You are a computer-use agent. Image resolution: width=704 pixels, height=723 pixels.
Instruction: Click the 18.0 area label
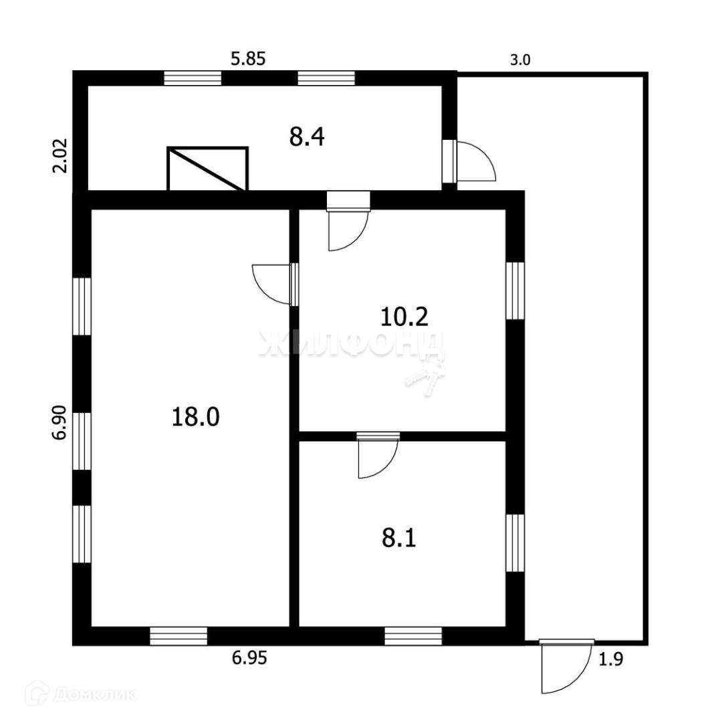[195, 417]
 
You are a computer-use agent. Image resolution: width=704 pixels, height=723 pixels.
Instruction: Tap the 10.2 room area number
[404, 315]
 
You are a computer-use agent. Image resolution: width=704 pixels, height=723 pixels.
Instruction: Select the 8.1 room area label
[399, 538]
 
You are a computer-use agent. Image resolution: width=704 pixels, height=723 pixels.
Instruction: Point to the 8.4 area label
[307, 137]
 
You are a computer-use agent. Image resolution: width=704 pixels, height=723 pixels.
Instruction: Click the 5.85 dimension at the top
[248, 59]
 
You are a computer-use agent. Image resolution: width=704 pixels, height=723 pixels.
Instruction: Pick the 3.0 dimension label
[520, 60]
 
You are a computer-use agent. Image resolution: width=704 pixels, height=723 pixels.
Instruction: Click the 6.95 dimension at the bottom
[249, 659]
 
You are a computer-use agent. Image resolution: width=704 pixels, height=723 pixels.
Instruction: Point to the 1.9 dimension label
[610, 660]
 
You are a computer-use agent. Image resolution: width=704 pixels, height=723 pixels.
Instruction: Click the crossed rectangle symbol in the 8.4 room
[207, 169]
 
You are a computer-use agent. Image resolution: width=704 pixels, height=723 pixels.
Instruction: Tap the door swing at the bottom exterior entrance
[565, 667]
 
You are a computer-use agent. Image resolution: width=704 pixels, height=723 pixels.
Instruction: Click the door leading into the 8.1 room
[378, 455]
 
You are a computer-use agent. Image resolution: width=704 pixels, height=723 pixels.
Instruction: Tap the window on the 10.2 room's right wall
[515, 291]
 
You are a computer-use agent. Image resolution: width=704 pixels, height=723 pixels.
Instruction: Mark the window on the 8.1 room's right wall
[515, 543]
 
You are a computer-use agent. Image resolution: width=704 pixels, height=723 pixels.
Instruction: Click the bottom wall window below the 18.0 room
[179, 635]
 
